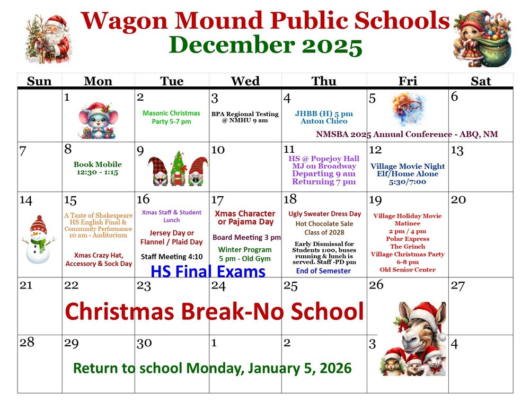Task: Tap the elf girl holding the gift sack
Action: point(482,39)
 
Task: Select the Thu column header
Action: point(323,81)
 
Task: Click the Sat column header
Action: point(480,81)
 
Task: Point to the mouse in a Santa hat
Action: point(99,121)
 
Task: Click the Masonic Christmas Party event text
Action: point(171,117)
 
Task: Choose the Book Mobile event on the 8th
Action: point(98,169)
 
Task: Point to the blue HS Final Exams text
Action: point(208,272)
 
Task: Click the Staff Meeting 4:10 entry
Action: point(171,257)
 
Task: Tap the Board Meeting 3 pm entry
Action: point(246,237)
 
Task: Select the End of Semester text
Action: point(323,271)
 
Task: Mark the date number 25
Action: point(290,286)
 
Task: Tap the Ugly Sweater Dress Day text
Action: point(324,214)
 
